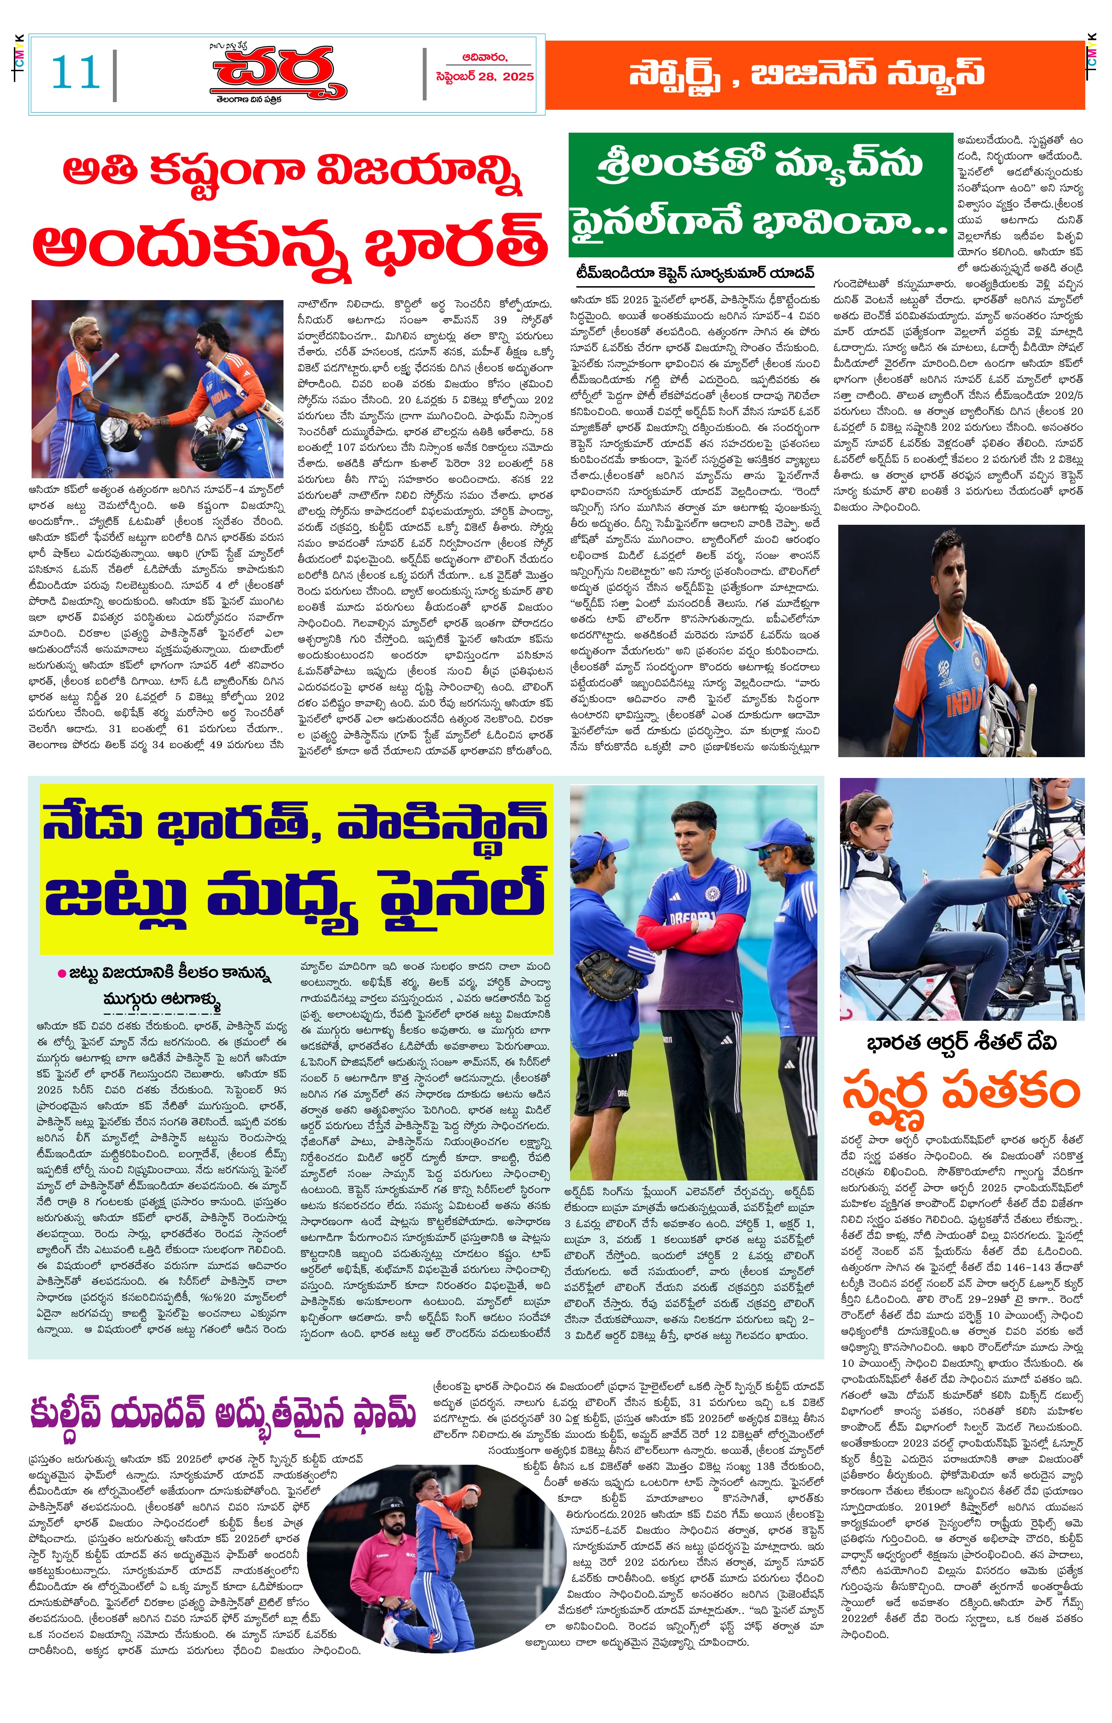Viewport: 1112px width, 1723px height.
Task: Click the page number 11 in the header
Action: (x=75, y=74)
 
